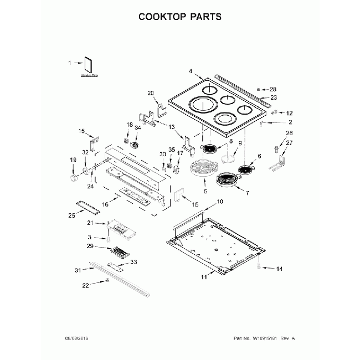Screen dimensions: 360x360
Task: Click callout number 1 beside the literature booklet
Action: [70, 63]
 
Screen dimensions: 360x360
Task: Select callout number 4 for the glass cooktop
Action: [190, 71]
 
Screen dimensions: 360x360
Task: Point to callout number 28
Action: [272, 89]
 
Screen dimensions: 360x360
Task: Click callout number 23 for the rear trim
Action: [273, 97]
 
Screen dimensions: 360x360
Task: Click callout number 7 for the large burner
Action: [247, 193]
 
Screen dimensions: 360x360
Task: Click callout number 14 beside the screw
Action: [279, 269]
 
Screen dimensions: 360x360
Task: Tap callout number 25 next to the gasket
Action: [71, 215]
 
